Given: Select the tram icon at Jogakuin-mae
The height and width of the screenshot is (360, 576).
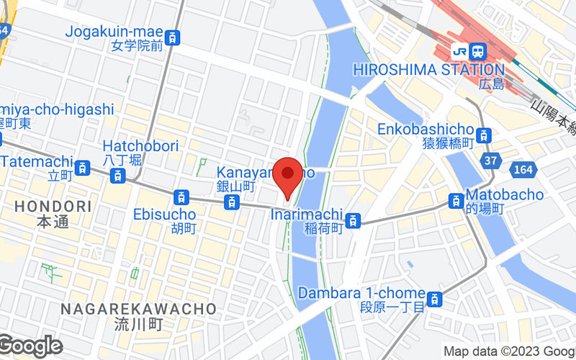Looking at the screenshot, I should pyautogui.click(x=172, y=37).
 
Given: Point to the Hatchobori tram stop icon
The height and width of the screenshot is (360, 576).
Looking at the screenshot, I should pyautogui.click(x=117, y=174).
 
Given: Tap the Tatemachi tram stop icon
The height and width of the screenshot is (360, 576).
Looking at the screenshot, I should pyautogui.click(x=84, y=168).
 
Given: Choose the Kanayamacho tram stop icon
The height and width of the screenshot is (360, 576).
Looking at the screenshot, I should pyautogui.click(x=231, y=202).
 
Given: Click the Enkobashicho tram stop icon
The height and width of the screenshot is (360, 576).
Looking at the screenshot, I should pyautogui.click(x=485, y=135).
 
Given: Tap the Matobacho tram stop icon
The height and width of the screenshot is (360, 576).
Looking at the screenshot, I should pyautogui.click(x=456, y=201).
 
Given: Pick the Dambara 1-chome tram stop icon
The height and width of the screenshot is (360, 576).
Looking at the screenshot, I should pyautogui.click(x=435, y=299).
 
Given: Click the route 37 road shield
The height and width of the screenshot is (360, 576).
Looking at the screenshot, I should pyautogui.click(x=490, y=160).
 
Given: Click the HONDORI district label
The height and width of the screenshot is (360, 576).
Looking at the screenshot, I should pyautogui.click(x=53, y=207).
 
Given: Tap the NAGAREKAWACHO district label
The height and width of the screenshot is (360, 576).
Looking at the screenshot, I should pyautogui.click(x=138, y=308).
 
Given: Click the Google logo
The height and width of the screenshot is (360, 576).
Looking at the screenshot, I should pyautogui.click(x=30, y=346).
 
